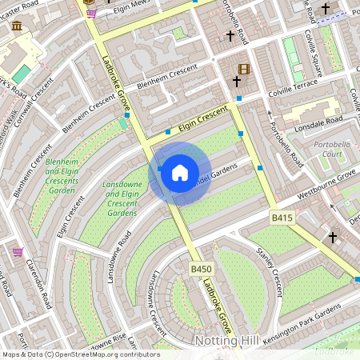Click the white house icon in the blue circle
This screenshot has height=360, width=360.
pos(180,173)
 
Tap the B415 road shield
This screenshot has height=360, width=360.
pos(282,218)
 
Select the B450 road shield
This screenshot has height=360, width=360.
pos(200,270)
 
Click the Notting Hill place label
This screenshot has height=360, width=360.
pos(227,342)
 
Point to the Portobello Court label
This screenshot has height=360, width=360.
pos(335,151)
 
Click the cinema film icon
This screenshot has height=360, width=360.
pos(243,69)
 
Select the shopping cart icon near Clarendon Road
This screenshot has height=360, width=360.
pos(18,252)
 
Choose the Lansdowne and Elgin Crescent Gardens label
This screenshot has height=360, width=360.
pos(122,199)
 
